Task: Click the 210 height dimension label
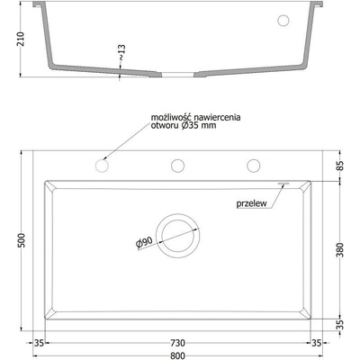click(x=21, y=39)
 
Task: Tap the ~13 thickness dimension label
click(x=121, y=52)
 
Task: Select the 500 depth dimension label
click(x=22, y=240)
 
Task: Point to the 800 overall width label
click(x=177, y=355)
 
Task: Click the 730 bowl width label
click(x=177, y=343)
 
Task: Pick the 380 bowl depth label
click(x=340, y=250)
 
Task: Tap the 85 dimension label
click(x=340, y=166)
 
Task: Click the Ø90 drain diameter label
click(x=144, y=243)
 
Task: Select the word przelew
click(x=251, y=203)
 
